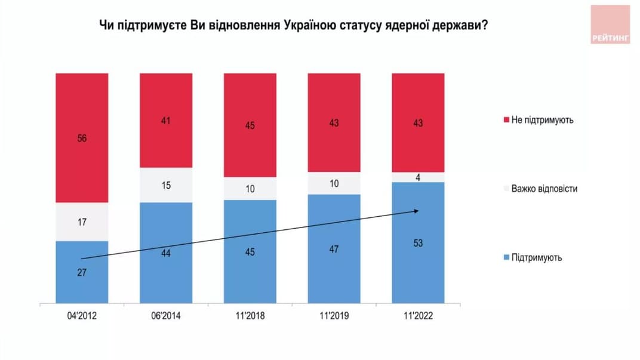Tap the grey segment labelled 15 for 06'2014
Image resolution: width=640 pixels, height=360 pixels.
[166, 185]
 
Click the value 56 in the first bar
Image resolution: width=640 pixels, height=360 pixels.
[82, 138]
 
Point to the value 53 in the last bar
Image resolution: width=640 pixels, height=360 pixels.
[418, 244]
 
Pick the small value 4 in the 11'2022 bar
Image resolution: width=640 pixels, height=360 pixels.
[418, 177]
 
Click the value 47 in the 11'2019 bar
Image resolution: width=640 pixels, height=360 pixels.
[334, 249]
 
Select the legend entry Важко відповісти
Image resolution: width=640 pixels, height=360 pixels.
[544, 189]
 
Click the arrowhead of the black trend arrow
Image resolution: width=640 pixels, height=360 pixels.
[416, 210]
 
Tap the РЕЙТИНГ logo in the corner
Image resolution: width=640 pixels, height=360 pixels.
[610, 24]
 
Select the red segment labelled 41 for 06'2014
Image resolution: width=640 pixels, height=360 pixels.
[166, 119]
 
